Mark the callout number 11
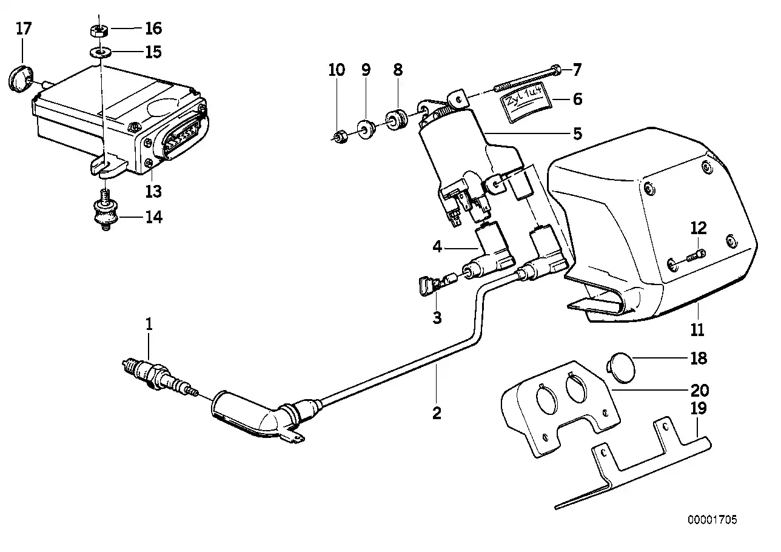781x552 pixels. [697, 330]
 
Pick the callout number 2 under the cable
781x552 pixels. [437, 414]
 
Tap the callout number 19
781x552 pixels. [699, 408]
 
